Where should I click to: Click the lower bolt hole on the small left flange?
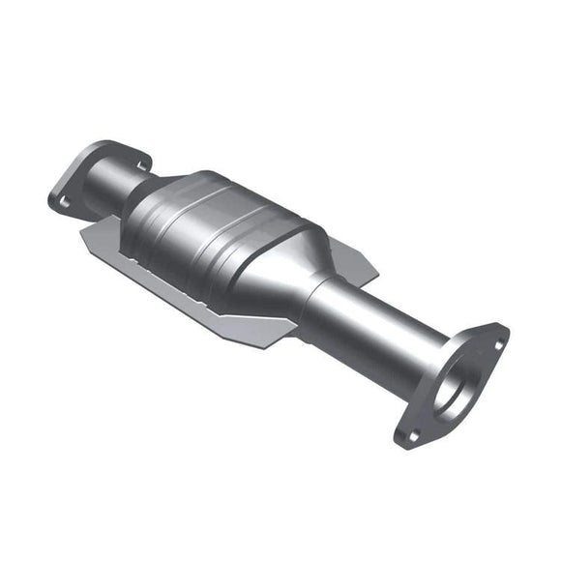tap(64, 201)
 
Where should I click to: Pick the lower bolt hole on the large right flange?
tap(413, 435)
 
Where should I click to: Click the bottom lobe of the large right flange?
tap(411, 440)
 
